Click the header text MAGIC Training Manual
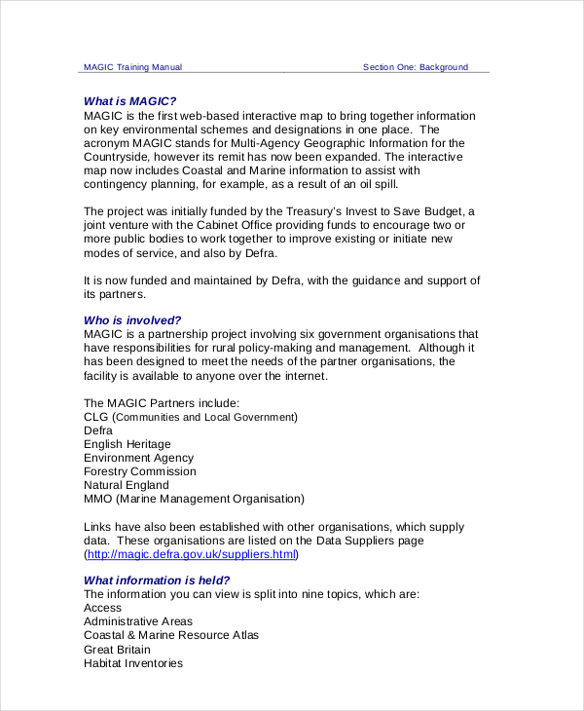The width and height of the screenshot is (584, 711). click(132, 67)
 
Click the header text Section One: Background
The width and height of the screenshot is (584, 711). click(415, 67)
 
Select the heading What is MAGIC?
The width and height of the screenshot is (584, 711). click(129, 100)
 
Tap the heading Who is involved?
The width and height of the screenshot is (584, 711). click(132, 319)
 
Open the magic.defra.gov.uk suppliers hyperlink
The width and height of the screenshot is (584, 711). click(191, 554)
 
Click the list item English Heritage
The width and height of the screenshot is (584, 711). click(127, 444)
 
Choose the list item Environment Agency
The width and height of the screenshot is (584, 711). click(138, 458)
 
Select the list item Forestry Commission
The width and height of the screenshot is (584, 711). click(140, 471)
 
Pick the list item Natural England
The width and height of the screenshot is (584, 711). click(126, 485)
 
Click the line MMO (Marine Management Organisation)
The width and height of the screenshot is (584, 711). click(194, 499)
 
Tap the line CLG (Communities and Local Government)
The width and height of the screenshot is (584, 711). click(190, 417)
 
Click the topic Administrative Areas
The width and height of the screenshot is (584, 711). click(137, 621)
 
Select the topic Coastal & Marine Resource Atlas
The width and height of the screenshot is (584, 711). click(171, 635)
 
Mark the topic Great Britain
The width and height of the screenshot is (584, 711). click(118, 649)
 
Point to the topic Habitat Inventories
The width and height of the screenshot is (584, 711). click(132, 663)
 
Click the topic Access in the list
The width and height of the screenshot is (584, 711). click(102, 608)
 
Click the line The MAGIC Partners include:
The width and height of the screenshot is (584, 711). click(161, 403)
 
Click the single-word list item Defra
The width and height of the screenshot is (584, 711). click(98, 430)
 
